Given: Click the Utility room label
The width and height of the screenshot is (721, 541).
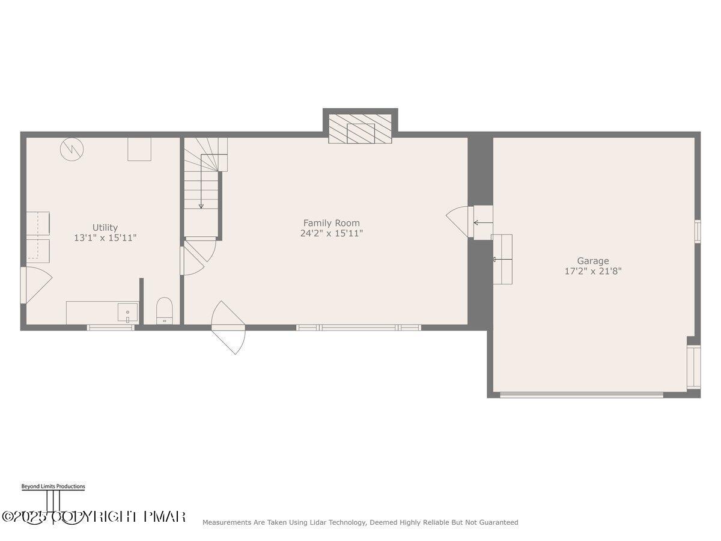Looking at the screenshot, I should tap(105, 227).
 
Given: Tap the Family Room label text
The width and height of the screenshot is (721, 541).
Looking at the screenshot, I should tap(331, 223).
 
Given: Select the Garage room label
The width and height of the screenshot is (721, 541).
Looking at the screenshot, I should tap(592, 261).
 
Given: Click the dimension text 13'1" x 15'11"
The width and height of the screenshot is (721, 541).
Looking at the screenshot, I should tap(105, 238).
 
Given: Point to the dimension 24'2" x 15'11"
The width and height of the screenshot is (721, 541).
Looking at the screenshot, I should tap(331, 233).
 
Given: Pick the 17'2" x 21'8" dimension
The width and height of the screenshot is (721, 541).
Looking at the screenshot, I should tap(592, 271).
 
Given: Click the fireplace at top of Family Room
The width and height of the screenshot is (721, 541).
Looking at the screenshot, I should tap(360, 130).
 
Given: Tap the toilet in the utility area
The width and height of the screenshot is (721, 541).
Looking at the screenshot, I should tap(164, 311).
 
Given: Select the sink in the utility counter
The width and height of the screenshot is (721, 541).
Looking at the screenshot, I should tap(127, 313).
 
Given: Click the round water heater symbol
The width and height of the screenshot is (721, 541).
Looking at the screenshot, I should tap(71, 149).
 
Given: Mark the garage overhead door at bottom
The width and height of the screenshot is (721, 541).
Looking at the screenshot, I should tap(581, 395).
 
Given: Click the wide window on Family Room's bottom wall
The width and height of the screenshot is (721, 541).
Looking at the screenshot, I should tap(359, 328).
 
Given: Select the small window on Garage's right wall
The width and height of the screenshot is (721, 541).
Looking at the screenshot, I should tap(698, 231).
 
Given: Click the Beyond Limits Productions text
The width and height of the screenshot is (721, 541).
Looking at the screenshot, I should tap(53, 486).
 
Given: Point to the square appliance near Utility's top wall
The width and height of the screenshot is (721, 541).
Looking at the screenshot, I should tap(139, 149).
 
